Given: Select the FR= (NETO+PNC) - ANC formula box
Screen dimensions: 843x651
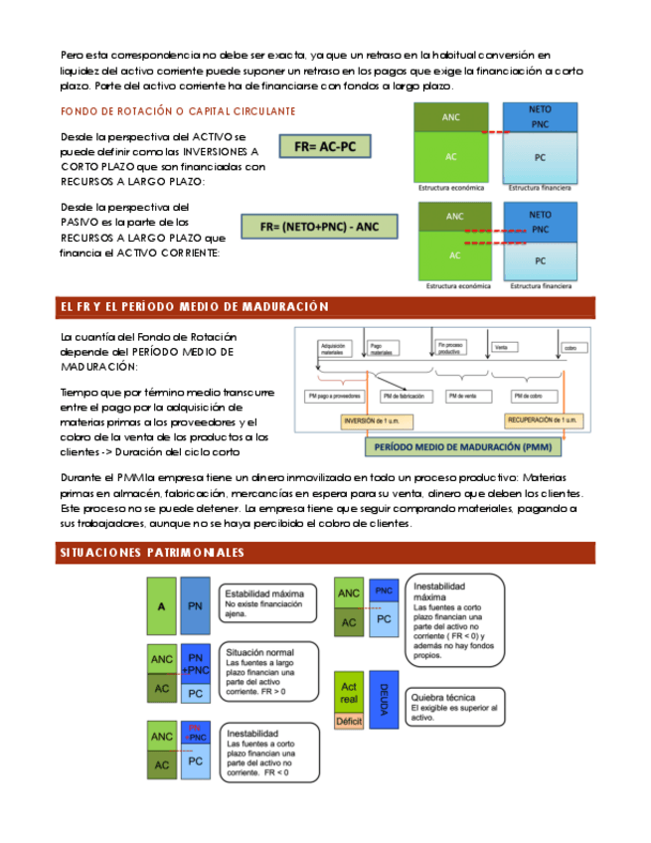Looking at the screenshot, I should pyautogui.click(x=319, y=227).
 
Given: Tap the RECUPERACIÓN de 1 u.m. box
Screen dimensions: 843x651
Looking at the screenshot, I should pyautogui.click(x=542, y=421).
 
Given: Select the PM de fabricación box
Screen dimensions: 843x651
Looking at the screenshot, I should pyautogui.click(x=408, y=396).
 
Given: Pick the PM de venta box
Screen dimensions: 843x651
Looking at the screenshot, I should pyautogui.click(x=464, y=396).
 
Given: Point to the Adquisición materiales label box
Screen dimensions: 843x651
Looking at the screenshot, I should pyautogui.click(x=335, y=348).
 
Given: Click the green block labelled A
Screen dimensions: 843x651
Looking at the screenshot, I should pyautogui.click(x=161, y=606).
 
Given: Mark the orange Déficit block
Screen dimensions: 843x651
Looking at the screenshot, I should pyautogui.click(x=349, y=721).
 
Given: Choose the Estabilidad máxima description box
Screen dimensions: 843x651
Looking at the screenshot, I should pyautogui.click(x=262, y=600).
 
